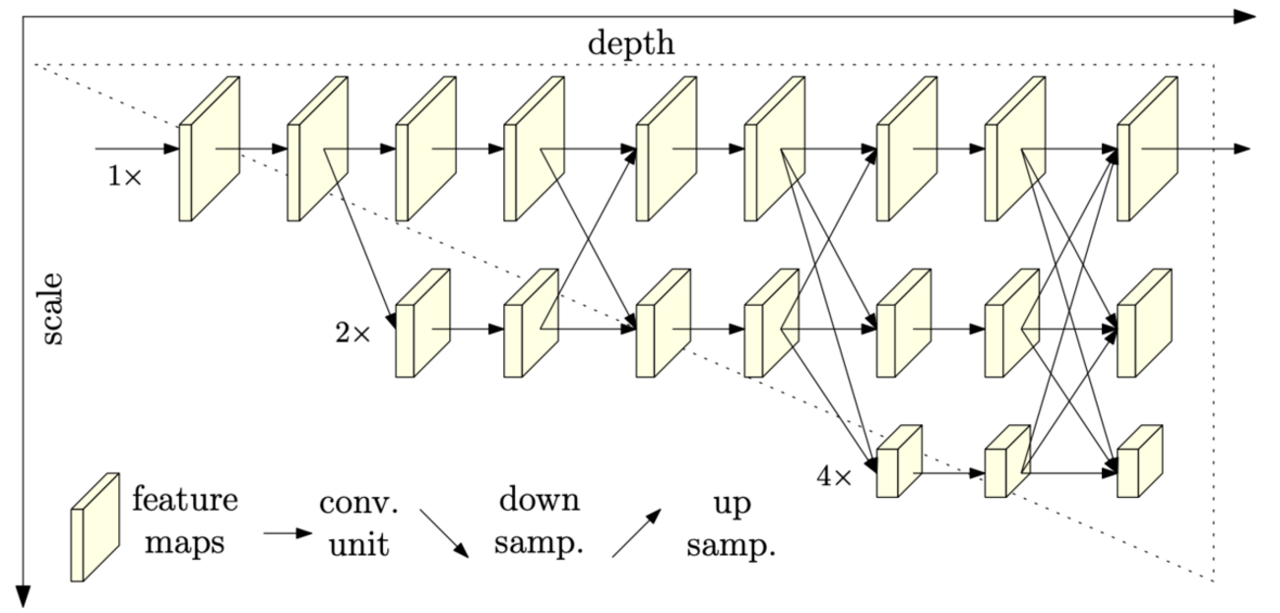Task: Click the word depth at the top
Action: tap(631, 43)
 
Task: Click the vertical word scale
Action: tap(52, 309)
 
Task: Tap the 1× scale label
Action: tap(125, 178)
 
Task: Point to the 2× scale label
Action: tap(352, 334)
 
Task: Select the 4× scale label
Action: tap(835, 477)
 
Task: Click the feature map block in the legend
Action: tap(94, 527)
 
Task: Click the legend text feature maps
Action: tap(184, 521)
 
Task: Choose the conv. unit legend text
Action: tap(359, 522)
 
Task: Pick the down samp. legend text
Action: tap(539, 522)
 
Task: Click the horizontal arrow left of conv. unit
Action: tap(287, 533)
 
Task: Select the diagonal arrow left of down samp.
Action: tap(444, 533)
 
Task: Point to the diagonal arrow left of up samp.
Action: tap(635, 533)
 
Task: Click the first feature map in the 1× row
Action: tap(209, 150)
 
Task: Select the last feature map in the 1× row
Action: tap(1147, 150)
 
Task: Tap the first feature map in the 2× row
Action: tap(421, 324)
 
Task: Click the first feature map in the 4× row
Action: tap(898, 460)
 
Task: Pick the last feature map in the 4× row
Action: tap(1138, 460)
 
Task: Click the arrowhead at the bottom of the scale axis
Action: tap(24, 595)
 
